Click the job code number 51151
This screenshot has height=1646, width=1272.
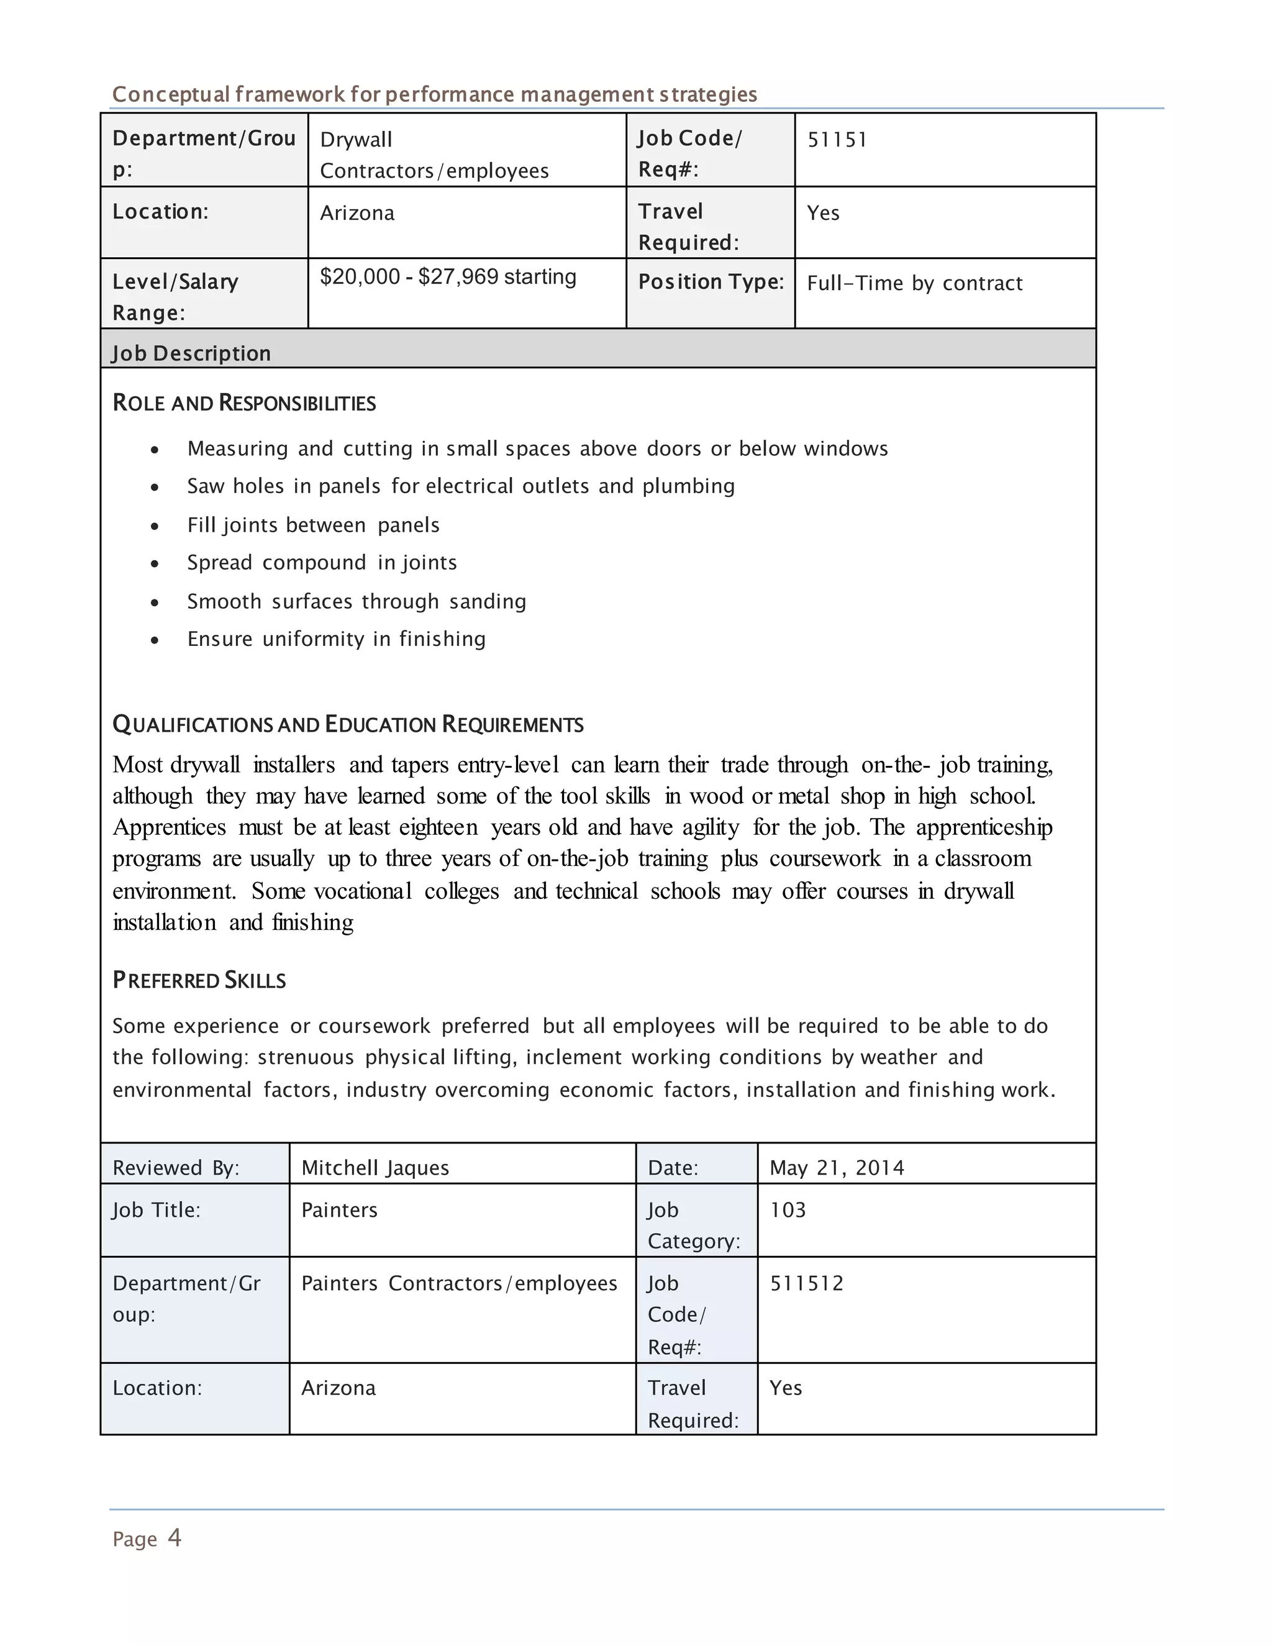click(837, 140)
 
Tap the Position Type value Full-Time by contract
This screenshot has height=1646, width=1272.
click(914, 283)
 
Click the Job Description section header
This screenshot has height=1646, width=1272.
click(191, 353)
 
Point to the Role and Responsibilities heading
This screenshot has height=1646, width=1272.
click(244, 403)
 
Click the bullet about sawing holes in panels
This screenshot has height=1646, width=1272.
click(460, 486)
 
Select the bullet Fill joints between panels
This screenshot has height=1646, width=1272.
click(313, 525)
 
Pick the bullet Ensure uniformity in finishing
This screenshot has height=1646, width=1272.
click(336, 639)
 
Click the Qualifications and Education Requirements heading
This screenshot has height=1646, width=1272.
click(347, 725)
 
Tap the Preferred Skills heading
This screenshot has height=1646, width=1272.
click(199, 981)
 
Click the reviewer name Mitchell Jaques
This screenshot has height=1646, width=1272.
click(375, 1168)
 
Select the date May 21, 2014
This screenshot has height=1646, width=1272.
click(837, 1168)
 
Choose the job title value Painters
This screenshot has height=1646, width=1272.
click(339, 1211)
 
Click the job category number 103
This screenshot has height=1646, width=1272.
click(788, 1211)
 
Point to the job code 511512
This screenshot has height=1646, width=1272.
click(806, 1283)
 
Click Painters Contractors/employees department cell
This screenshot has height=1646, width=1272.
click(459, 1283)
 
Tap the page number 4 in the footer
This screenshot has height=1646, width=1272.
click(174, 1538)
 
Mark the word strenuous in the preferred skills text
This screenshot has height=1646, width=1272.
click(305, 1057)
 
